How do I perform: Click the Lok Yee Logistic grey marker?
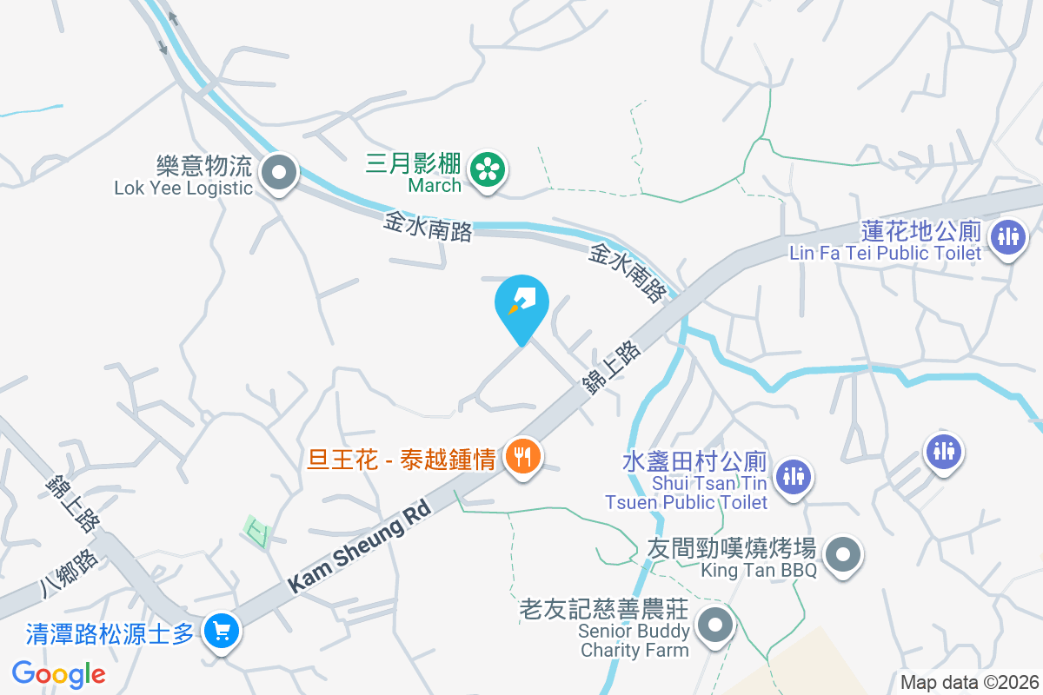click(278, 172)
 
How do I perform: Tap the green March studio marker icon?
click(488, 169)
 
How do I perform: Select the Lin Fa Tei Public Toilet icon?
click(1008, 235)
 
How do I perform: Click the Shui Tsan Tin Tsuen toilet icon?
click(792, 475)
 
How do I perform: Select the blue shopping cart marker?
click(222, 630)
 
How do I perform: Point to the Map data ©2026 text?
click(969, 683)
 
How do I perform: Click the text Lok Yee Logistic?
click(183, 188)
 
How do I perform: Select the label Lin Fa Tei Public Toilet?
click(885, 253)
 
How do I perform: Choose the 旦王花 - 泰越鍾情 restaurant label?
click(401, 460)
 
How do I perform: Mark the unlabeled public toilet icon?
click(943, 450)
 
